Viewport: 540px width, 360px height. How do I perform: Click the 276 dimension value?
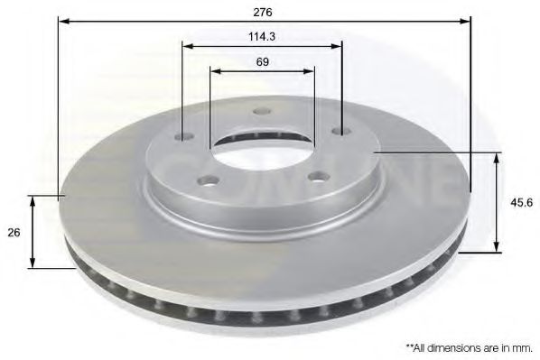pyautogui.click(x=264, y=12)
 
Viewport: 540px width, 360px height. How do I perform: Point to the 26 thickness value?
pyautogui.click(x=14, y=232)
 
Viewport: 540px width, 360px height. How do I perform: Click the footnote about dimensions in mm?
pyautogui.click(x=469, y=346)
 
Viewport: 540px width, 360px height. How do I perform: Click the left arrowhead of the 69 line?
pyautogui.click(x=215, y=69)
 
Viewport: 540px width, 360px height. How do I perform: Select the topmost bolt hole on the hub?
pyautogui.click(x=263, y=111)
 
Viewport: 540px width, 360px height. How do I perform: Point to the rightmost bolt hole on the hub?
pyautogui.click(x=340, y=132)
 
